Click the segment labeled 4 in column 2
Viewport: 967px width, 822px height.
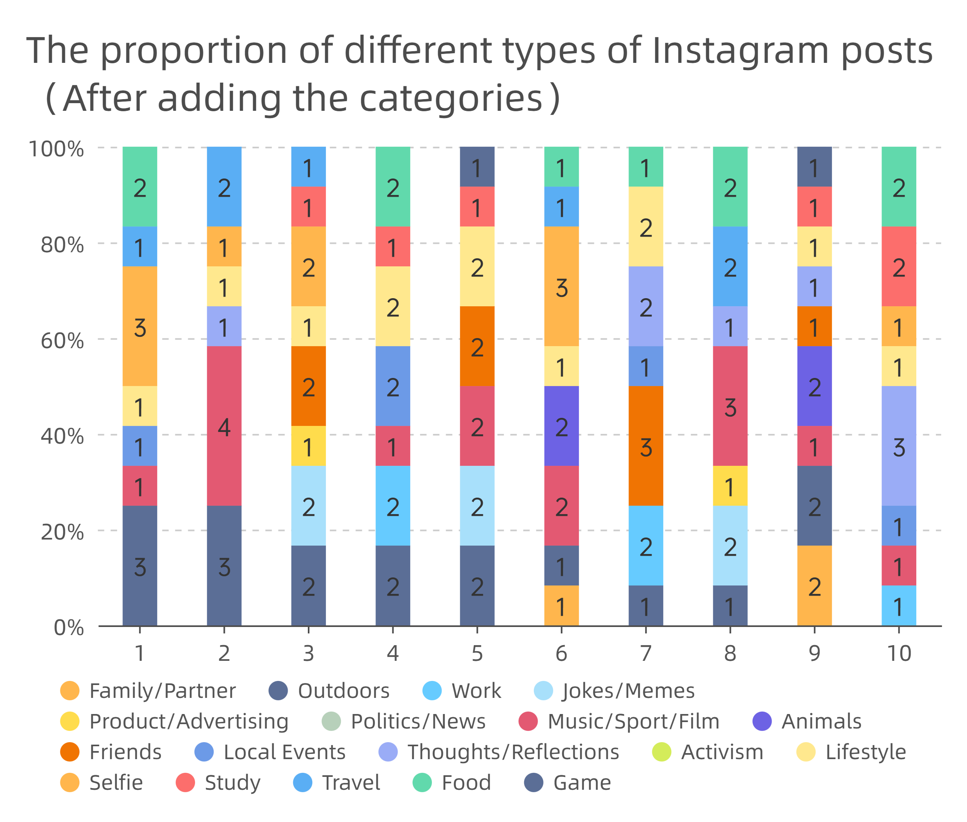[x=224, y=426]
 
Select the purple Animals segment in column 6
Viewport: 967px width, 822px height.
[x=561, y=426]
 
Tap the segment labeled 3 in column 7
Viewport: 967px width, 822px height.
[x=645, y=446]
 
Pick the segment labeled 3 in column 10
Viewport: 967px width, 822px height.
[x=899, y=446]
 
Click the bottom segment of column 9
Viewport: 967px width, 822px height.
[x=814, y=585]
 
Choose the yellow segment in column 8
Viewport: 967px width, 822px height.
[x=730, y=486]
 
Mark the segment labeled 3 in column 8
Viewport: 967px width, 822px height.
[x=730, y=405]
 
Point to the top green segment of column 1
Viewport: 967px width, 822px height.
[x=140, y=187]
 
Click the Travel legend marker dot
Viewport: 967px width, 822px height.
[x=303, y=783]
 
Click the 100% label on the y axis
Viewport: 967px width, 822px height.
[x=56, y=149]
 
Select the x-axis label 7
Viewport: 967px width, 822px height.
[x=645, y=653]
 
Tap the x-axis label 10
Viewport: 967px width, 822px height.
[x=899, y=653]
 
